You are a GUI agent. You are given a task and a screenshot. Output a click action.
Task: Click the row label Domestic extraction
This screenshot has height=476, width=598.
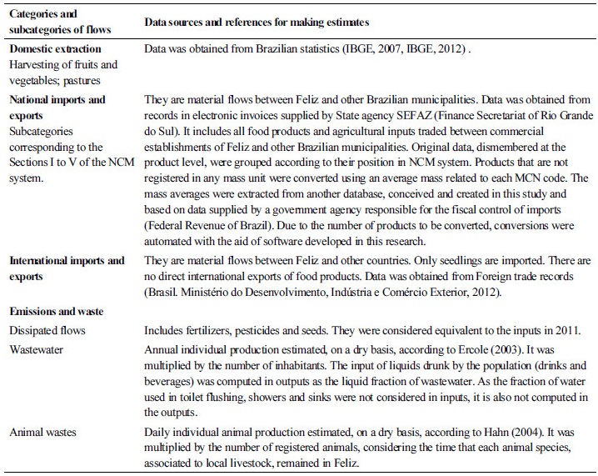55,50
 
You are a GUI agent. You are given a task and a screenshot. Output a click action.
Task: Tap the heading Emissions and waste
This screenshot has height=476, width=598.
57,311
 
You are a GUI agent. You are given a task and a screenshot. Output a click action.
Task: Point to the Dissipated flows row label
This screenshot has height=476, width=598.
47,331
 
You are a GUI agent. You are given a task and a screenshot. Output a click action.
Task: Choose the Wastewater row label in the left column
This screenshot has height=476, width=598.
38,350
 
